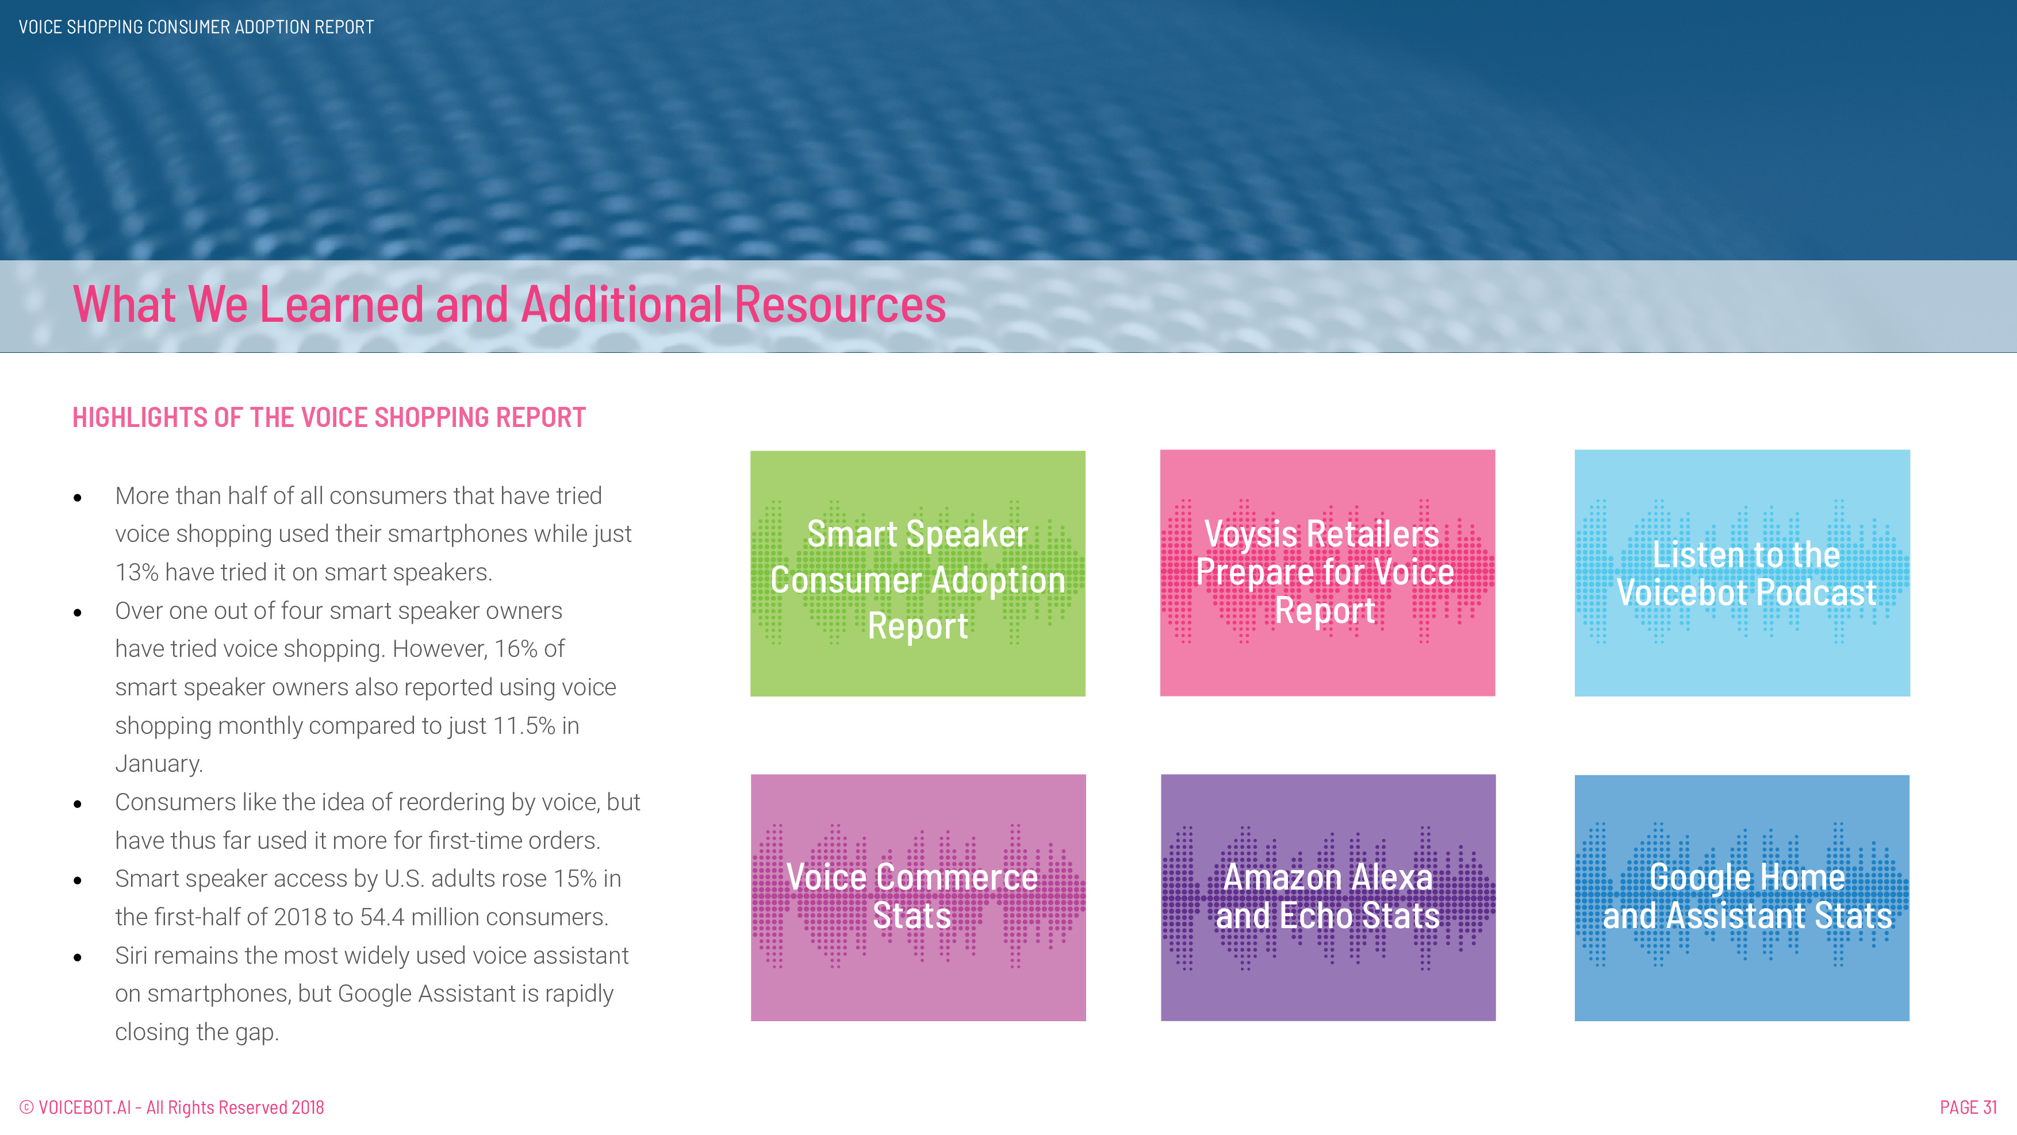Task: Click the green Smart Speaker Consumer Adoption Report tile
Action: pos(918,573)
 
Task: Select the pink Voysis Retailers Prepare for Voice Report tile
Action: pos(1327,573)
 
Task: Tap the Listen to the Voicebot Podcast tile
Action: pos(1742,573)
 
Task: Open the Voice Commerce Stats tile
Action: pos(918,898)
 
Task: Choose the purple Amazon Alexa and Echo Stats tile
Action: pos(1328,898)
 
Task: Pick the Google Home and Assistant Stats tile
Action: pos(1742,898)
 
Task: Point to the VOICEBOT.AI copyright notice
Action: pos(171,1107)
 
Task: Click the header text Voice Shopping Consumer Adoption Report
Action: pos(197,28)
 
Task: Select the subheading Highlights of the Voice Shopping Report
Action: pos(329,417)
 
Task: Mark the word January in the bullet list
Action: pos(159,764)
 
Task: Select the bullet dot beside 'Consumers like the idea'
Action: pos(78,804)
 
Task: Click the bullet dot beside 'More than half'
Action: pos(78,498)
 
